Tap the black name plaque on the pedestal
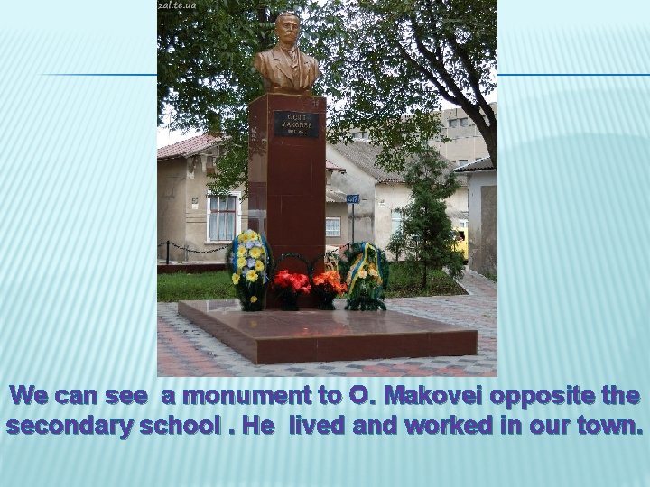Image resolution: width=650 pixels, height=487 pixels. coord(296,124)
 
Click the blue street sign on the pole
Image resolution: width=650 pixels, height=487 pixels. coord(352,198)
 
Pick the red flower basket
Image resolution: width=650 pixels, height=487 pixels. coord(291,286)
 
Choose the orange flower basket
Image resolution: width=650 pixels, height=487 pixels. coord(328,286)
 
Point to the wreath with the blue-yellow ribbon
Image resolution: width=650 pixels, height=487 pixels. coord(365,273)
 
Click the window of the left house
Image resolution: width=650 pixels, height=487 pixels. coord(222,217)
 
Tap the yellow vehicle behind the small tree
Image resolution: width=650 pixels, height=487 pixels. coord(462,241)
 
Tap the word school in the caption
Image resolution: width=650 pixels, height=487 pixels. coord(176,426)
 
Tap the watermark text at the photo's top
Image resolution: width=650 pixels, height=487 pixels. coord(177,5)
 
